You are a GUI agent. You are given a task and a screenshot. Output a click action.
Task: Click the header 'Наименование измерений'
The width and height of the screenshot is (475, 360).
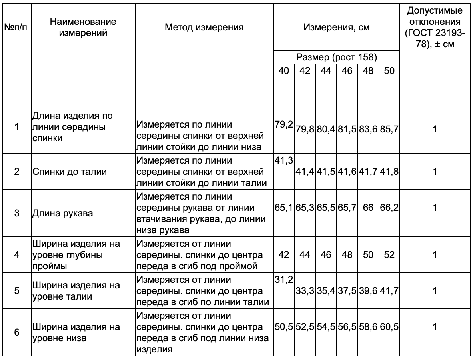click(83, 27)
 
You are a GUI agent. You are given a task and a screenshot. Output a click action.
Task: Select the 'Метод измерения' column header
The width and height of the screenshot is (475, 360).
click(204, 27)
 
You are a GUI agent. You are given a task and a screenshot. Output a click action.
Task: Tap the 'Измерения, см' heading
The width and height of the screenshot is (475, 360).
click(337, 27)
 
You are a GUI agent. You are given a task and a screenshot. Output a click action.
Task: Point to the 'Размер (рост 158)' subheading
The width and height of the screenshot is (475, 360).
click(337, 57)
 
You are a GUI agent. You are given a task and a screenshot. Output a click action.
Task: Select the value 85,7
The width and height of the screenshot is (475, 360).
click(389, 129)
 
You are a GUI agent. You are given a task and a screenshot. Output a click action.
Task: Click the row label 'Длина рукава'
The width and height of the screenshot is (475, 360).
click(63, 213)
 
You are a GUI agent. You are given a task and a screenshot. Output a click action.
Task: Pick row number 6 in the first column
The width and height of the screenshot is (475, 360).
click(16, 332)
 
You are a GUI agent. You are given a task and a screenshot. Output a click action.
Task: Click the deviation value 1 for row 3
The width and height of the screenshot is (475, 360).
click(435, 208)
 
